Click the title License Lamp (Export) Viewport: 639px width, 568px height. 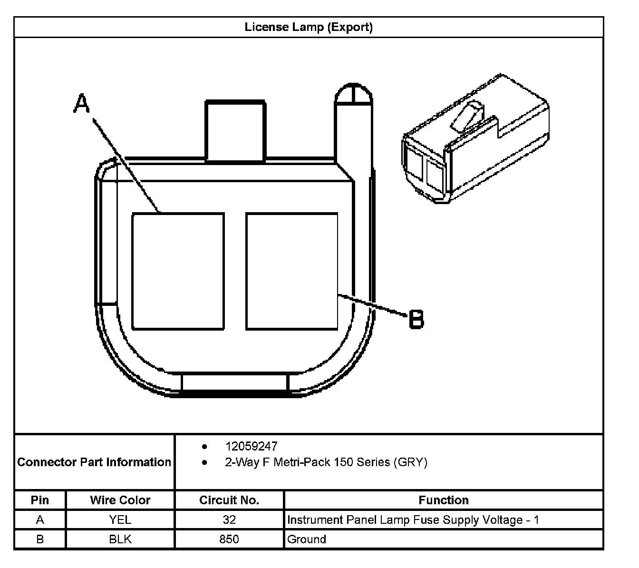point(309,27)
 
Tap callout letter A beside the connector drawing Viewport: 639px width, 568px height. point(82,103)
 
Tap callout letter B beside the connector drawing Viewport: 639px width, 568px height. point(416,319)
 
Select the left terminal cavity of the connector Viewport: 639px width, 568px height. point(178,271)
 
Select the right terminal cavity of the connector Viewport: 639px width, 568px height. point(292,271)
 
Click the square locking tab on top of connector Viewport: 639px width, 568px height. point(235,131)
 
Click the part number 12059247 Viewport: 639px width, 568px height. point(251,446)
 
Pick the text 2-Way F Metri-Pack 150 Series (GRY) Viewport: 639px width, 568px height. point(326,462)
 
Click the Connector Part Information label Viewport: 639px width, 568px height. point(94,462)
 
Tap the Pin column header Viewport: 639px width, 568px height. point(40,500)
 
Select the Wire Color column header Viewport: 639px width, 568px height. point(120,500)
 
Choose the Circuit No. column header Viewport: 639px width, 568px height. point(229,500)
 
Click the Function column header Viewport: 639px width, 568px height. point(444,500)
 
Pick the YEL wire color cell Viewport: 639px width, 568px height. point(120,519)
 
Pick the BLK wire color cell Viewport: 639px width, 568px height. point(120,539)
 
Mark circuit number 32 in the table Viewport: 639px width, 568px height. point(229,519)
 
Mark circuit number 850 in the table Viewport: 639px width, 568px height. point(229,539)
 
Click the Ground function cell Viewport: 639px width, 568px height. point(307,539)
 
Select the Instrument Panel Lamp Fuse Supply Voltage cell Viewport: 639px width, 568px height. point(413,519)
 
